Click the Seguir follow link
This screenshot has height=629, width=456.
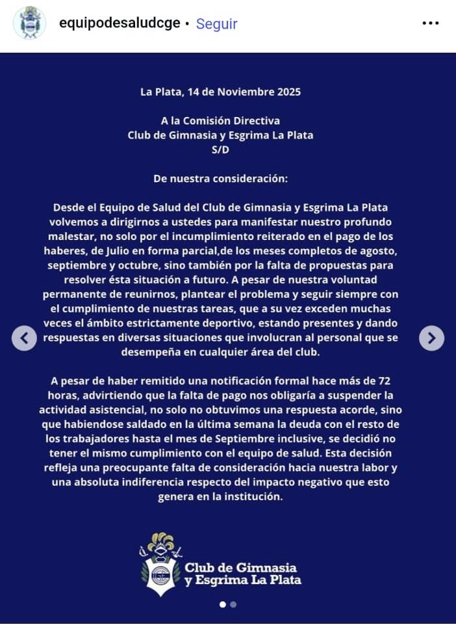pyautogui.click(x=216, y=24)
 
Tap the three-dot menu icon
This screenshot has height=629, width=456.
pyautogui.click(x=431, y=23)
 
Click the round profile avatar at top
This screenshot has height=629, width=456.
pyautogui.click(x=29, y=23)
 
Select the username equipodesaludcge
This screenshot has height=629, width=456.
pyautogui.click(x=119, y=23)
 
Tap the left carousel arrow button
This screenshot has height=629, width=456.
pyautogui.click(x=24, y=338)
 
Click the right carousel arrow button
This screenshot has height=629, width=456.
pyautogui.click(x=432, y=338)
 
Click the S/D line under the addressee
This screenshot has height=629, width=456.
pyautogui.click(x=220, y=150)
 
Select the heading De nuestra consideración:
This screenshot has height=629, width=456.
pyautogui.click(x=220, y=178)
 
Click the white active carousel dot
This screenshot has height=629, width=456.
pyautogui.click(x=223, y=604)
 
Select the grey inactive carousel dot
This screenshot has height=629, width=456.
pyautogui.click(x=233, y=604)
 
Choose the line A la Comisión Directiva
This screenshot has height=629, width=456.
pyautogui.click(x=220, y=121)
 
